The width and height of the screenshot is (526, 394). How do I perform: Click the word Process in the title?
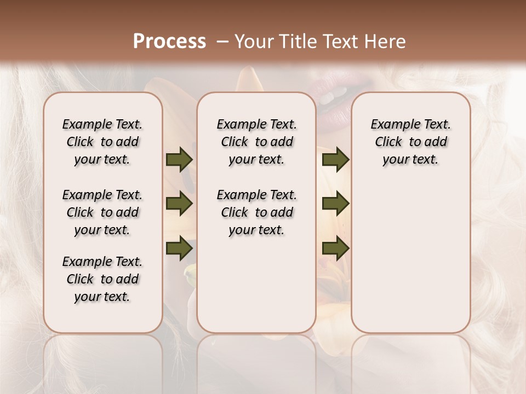pos(169,42)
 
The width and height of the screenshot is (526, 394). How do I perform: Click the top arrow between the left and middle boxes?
pos(179,160)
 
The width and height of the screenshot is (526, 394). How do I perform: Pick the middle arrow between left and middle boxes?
pos(179,204)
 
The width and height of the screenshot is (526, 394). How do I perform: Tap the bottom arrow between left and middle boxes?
pos(179,248)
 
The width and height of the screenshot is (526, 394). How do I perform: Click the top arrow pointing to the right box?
pos(335,160)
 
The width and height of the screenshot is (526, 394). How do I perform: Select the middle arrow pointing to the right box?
pos(335,204)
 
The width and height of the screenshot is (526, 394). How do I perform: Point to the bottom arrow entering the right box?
pos(335,248)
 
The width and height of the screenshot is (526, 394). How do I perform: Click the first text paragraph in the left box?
pos(102,142)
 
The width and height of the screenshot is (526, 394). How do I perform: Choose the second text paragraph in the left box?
pos(102,212)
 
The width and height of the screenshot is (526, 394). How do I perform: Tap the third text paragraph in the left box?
pos(102,279)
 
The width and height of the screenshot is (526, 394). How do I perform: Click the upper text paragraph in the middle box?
pos(256,142)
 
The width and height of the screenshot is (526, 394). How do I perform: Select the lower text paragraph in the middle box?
pos(256,212)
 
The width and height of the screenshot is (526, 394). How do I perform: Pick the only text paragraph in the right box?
pos(410,142)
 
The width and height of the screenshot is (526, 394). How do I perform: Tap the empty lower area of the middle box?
pos(256,290)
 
